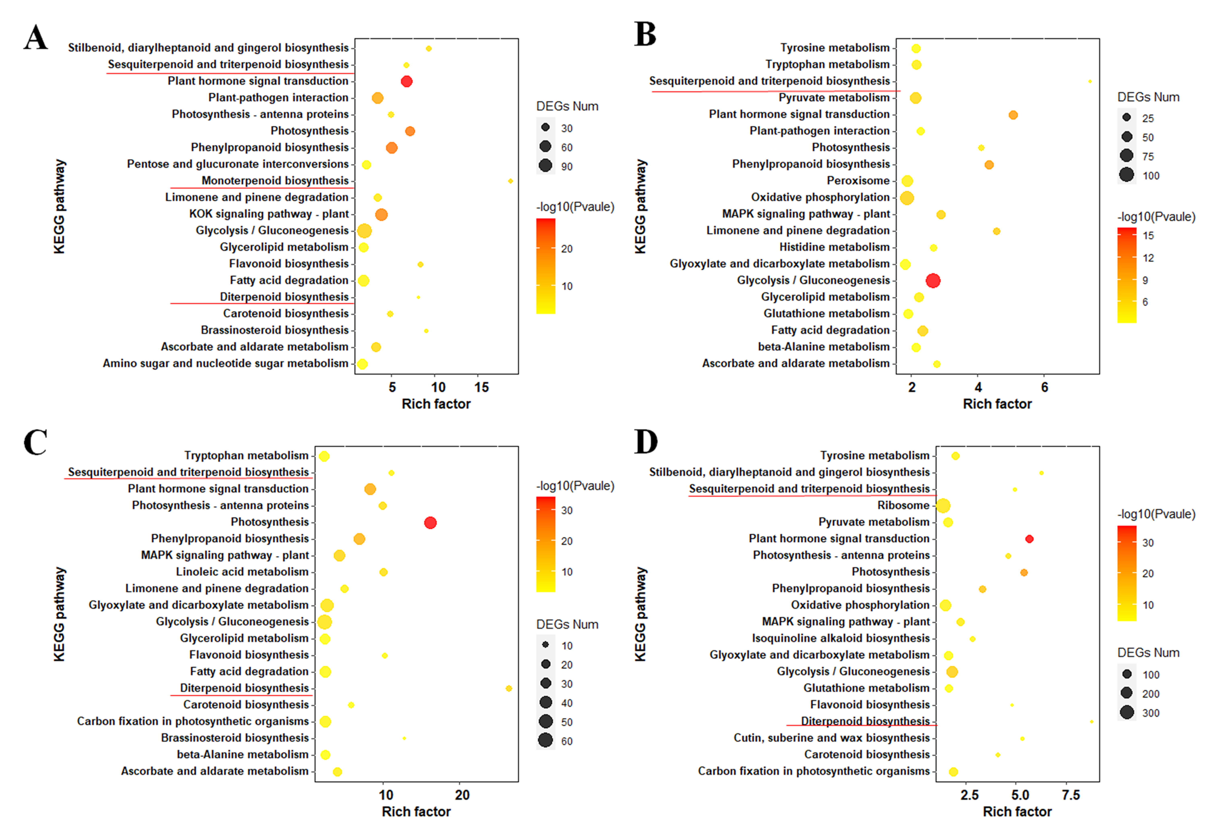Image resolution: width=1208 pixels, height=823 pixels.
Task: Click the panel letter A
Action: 35,37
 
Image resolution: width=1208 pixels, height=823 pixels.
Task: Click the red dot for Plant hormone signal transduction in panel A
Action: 406,81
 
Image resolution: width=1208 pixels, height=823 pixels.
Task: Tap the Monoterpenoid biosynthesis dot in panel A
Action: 510,181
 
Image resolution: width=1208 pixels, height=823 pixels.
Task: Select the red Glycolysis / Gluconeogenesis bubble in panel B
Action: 933,281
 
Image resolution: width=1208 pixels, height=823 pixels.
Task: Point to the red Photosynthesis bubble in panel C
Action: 430,522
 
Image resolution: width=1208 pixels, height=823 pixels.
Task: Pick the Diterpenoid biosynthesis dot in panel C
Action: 509,688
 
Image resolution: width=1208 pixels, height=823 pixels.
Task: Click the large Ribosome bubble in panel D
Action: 943,505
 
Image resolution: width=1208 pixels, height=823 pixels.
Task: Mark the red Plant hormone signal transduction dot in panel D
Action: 1029,539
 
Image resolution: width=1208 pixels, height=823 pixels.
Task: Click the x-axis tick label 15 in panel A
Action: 481,387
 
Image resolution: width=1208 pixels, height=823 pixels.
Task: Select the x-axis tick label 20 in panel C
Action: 462,795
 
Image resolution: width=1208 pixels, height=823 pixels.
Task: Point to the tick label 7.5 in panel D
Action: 1071,795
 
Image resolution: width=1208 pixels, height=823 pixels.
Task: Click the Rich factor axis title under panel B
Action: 997,404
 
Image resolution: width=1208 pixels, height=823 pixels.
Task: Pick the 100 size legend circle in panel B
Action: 1126,175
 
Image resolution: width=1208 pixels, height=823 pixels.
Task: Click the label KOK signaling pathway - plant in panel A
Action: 269,214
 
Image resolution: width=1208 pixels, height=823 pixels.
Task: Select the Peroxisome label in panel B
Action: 858,180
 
